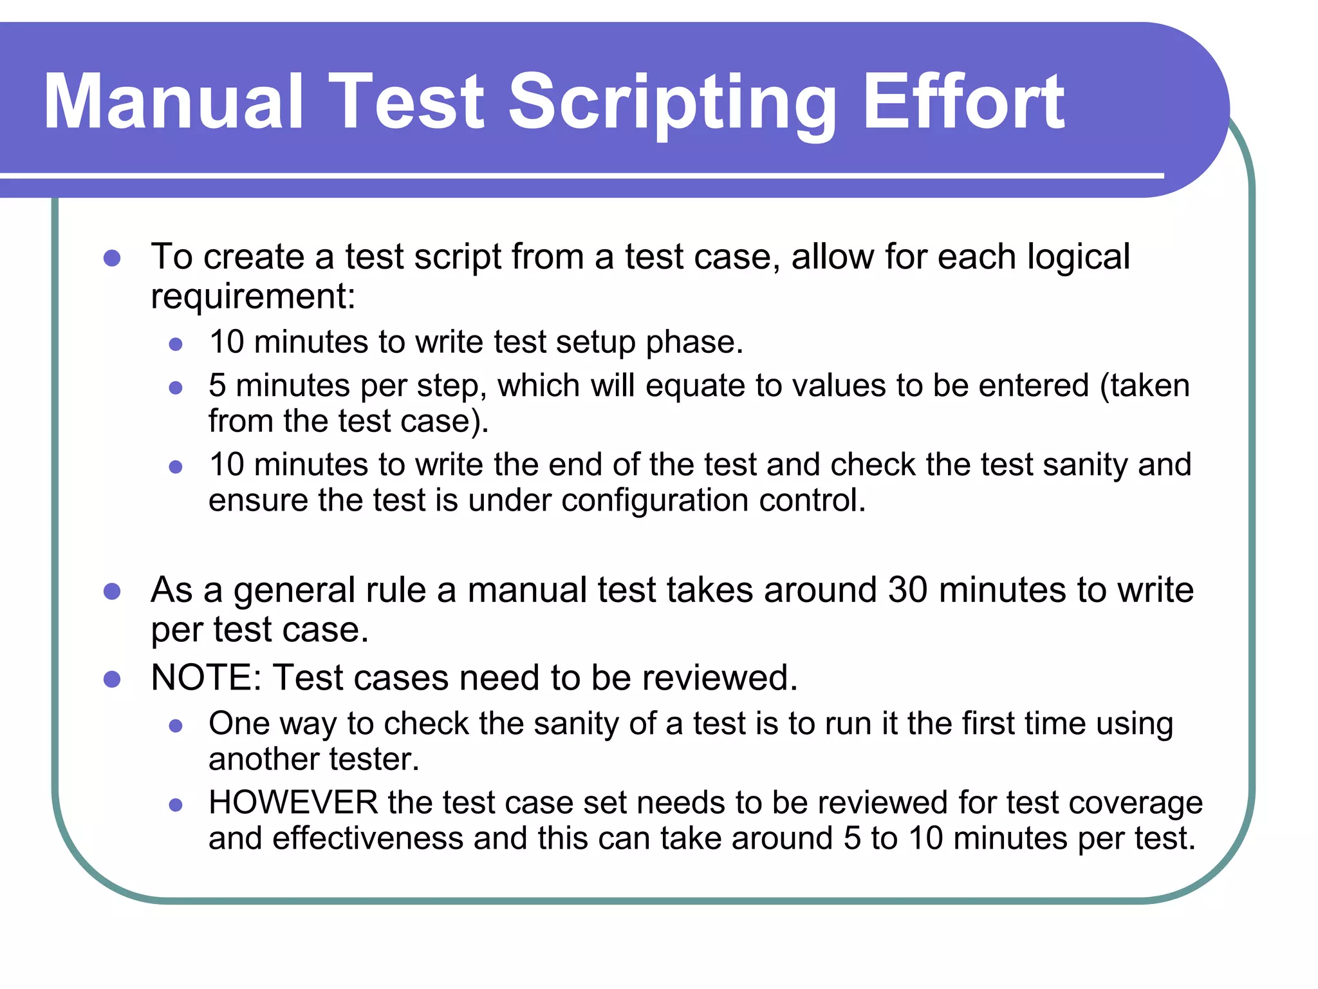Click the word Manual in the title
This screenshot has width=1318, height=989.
(172, 102)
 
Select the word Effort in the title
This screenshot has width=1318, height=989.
(963, 102)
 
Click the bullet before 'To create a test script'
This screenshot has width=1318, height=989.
(112, 258)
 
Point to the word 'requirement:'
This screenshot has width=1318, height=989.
(253, 297)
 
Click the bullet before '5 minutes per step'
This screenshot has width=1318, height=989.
(176, 388)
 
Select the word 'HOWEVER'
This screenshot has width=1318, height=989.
(293, 803)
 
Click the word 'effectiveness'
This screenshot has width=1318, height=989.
(367, 838)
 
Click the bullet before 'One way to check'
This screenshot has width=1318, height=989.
(176, 726)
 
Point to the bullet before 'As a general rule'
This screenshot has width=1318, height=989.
(112, 591)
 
